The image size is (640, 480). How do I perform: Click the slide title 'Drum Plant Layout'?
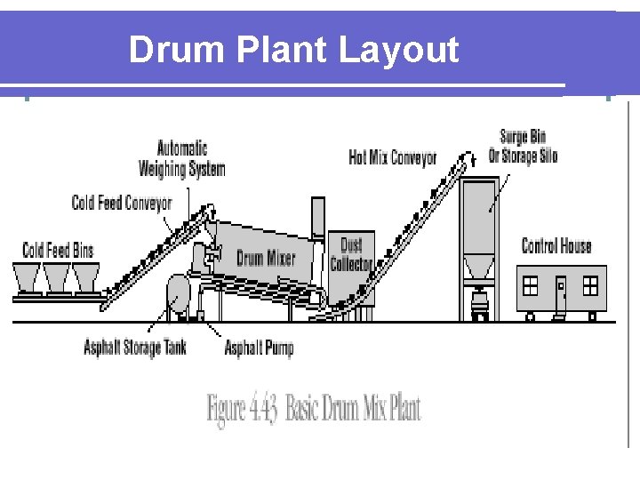[293, 50]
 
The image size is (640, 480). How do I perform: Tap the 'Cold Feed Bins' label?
[58, 250]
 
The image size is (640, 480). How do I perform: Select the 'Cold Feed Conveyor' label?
[122, 204]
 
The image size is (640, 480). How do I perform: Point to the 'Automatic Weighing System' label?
[182, 158]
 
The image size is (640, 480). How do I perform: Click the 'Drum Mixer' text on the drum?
[266, 259]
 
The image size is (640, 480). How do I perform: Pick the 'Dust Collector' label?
[351, 253]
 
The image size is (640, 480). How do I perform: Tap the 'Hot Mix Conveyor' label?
[393, 157]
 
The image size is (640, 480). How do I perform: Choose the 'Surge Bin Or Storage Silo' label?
[523, 147]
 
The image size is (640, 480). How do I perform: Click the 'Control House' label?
[556, 246]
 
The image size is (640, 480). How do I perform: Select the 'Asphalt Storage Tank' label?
[135, 348]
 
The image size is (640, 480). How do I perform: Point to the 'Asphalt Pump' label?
[259, 348]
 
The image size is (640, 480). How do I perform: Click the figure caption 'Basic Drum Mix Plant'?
[314, 409]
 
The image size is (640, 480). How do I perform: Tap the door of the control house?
[560, 292]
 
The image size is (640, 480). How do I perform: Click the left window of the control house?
[531, 285]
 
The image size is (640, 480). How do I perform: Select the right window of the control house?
[590, 285]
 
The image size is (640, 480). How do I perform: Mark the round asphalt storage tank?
[180, 293]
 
